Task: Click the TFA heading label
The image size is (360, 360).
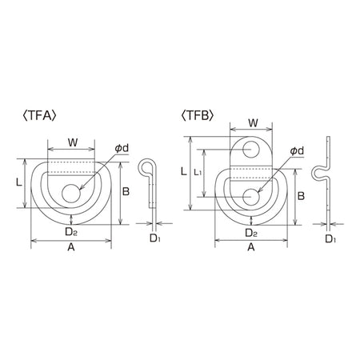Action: pos(39,116)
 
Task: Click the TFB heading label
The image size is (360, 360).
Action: pos(197,116)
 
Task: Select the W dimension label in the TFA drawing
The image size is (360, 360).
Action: pos(73,142)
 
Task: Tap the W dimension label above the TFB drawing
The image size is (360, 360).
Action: pos(253,123)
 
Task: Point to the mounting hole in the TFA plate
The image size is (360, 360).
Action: pos(71,193)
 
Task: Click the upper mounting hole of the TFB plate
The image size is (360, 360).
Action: pos(251,150)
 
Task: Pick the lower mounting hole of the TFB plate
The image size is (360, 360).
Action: pos(251,197)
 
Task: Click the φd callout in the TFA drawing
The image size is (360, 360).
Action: pos(122,148)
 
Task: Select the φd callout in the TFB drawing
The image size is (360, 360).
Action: pos(297,151)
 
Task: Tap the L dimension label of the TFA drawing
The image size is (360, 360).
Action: pos(18,182)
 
